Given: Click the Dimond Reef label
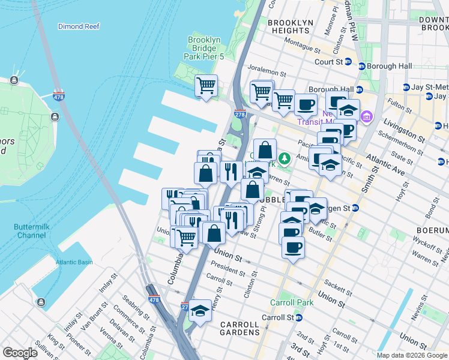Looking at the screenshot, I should (x=78, y=26).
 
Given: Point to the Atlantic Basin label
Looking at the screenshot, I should (x=74, y=262).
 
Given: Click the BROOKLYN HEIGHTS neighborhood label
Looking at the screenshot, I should (x=291, y=26).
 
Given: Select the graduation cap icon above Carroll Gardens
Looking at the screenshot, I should (x=200, y=310).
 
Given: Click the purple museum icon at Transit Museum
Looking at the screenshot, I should (x=367, y=116).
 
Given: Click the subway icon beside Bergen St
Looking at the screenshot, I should (x=355, y=208).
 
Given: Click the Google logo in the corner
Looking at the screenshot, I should (x=20, y=353).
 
